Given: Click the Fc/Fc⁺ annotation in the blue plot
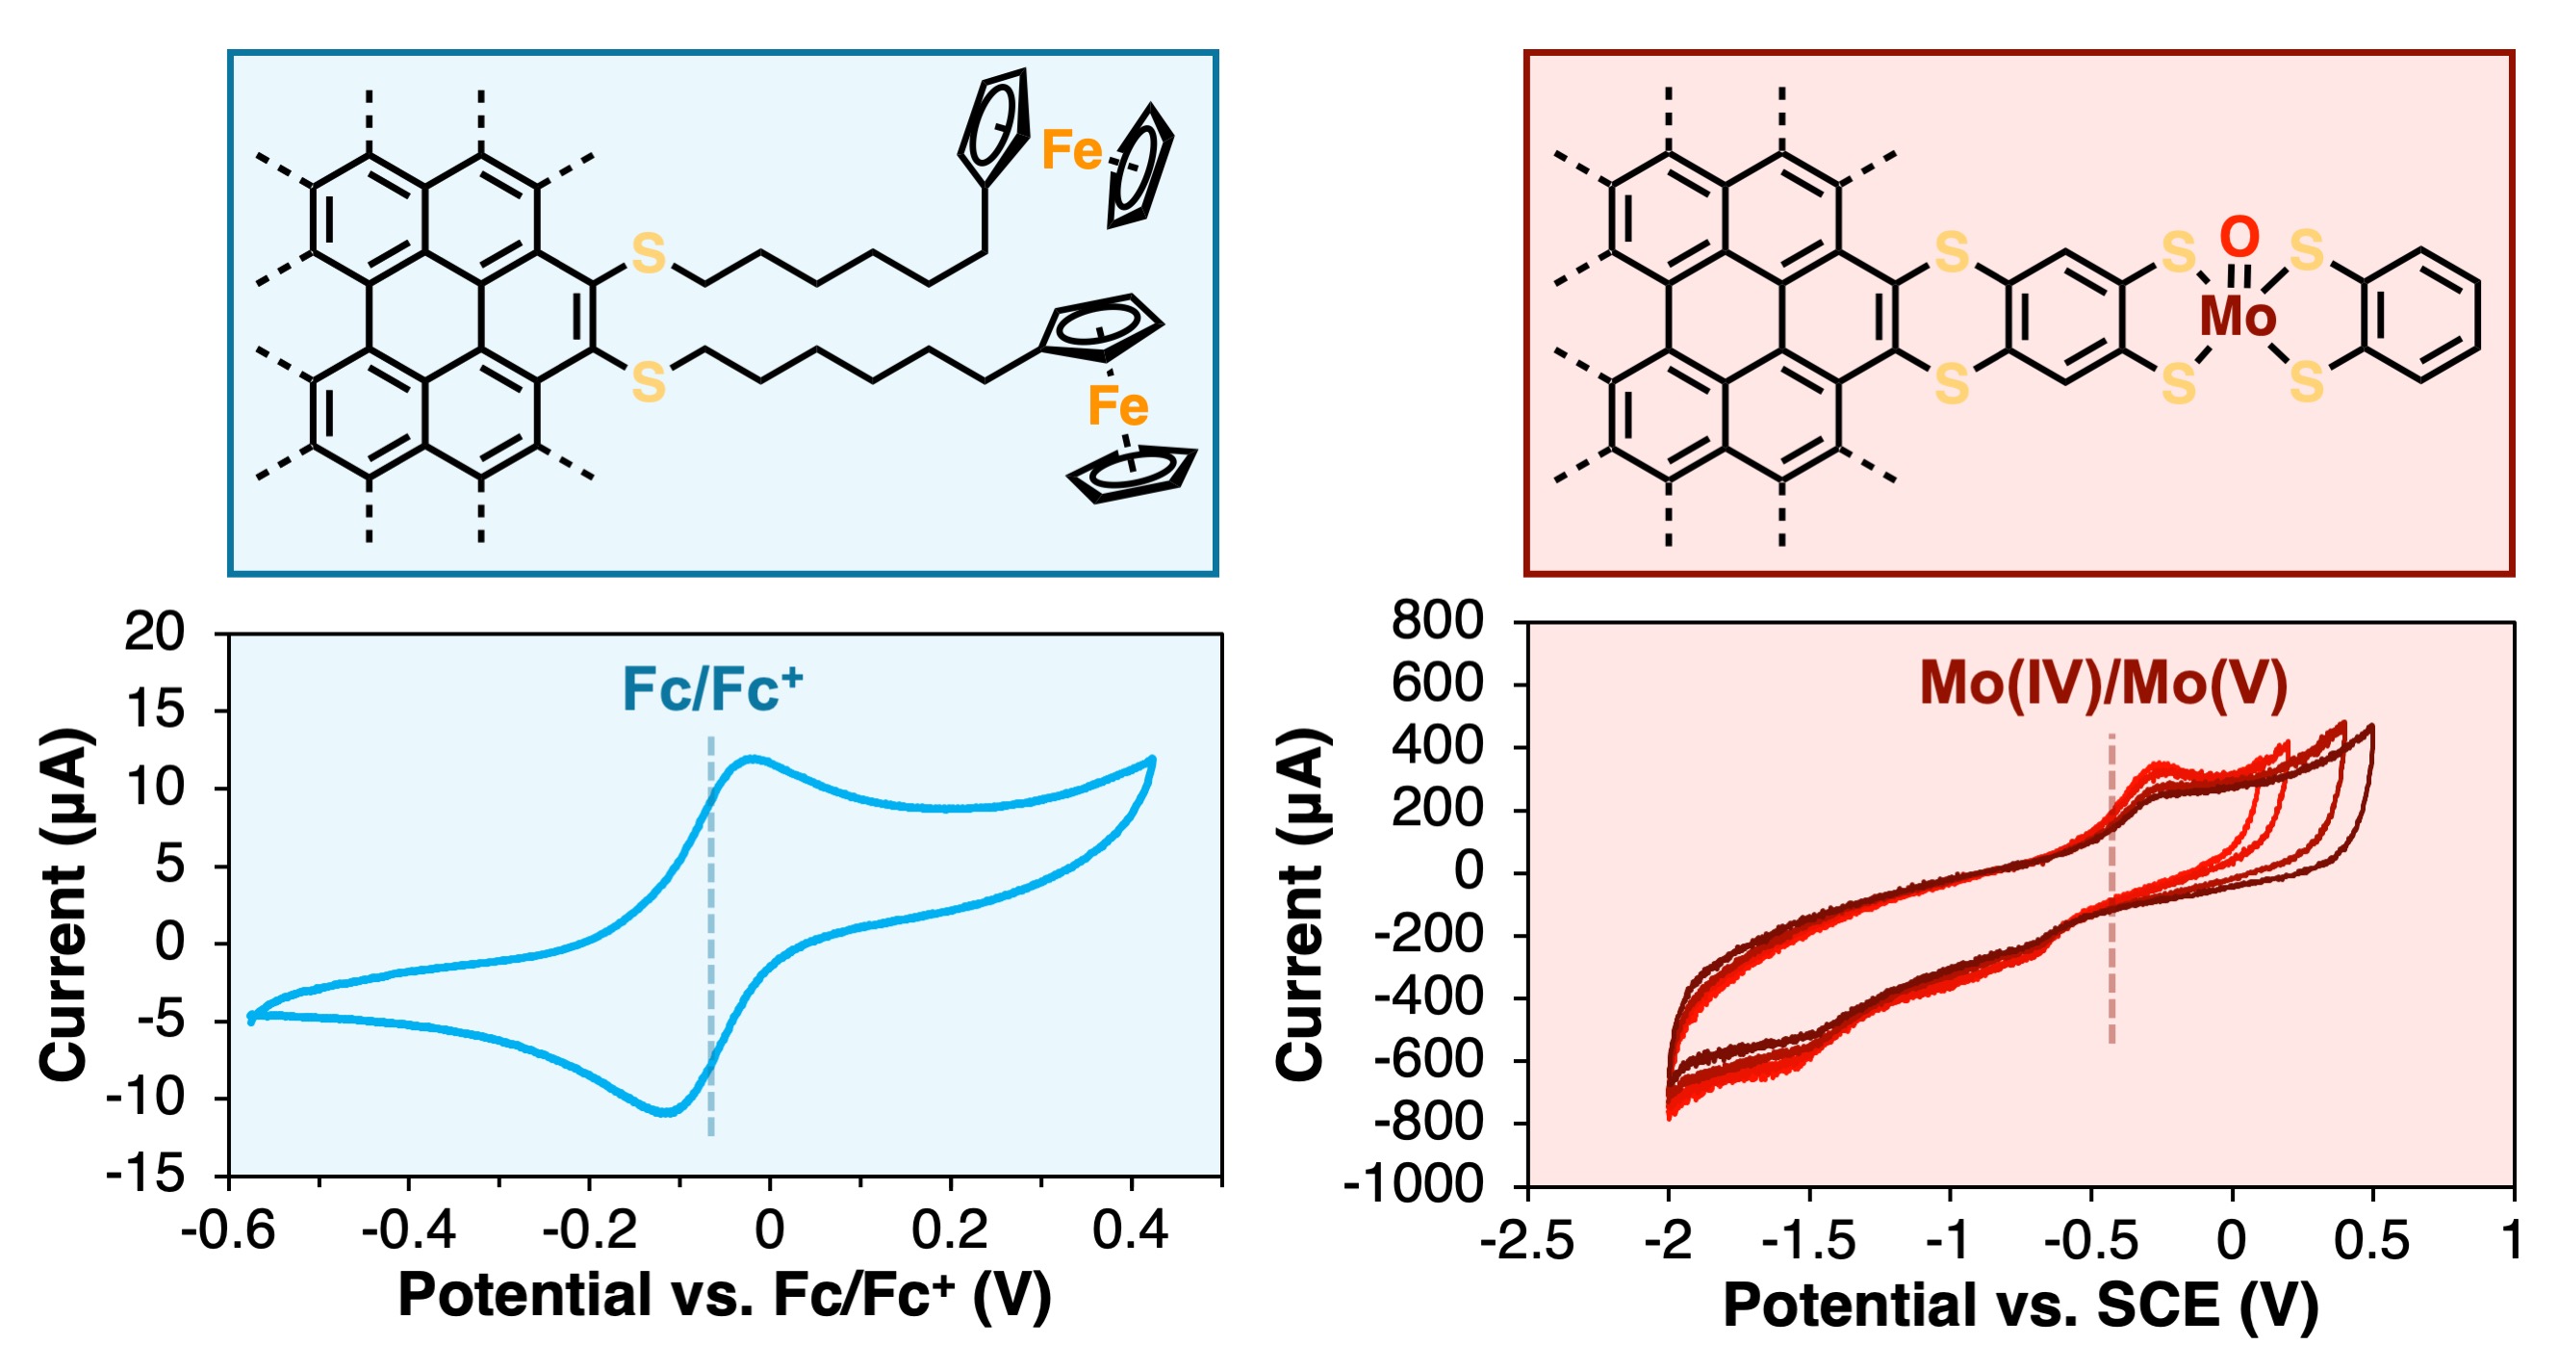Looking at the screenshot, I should pyautogui.click(x=711, y=688).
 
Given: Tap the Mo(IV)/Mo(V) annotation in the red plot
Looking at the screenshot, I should pyautogui.click(x=2103, y=685).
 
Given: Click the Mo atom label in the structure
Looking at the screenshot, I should pyautogui.click(x=2238, y=316).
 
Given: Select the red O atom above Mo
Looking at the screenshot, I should pyautogui.click(x=2239, y=238).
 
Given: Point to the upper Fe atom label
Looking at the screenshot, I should pyautogui.click(x=1070, y=151).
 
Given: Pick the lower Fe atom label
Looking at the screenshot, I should pyautogui.click(x=1117, y=406).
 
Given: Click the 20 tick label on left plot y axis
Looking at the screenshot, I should pyautogui.click(x=154, y=632).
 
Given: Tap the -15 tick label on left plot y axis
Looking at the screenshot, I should pyautogui.click(x=146, y=1176).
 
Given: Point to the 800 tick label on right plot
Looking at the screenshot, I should pyautogui.click(x=1437, y=621).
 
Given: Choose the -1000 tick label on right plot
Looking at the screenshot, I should pyautogui.click(x=1414, y=1184).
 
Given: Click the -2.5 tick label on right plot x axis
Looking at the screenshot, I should pyautogui.click(x=1526, y=1241).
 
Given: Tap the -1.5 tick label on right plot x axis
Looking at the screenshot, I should pyautogui.click(x=1808, y=1241).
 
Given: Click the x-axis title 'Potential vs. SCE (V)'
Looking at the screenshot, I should pyautogui.click(x=2020, y=1305).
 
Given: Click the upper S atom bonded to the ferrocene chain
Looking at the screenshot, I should pyautogui.click(x=649, y=253).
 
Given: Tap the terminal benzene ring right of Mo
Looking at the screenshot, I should pyautogui.click(x=2421, y=315).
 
